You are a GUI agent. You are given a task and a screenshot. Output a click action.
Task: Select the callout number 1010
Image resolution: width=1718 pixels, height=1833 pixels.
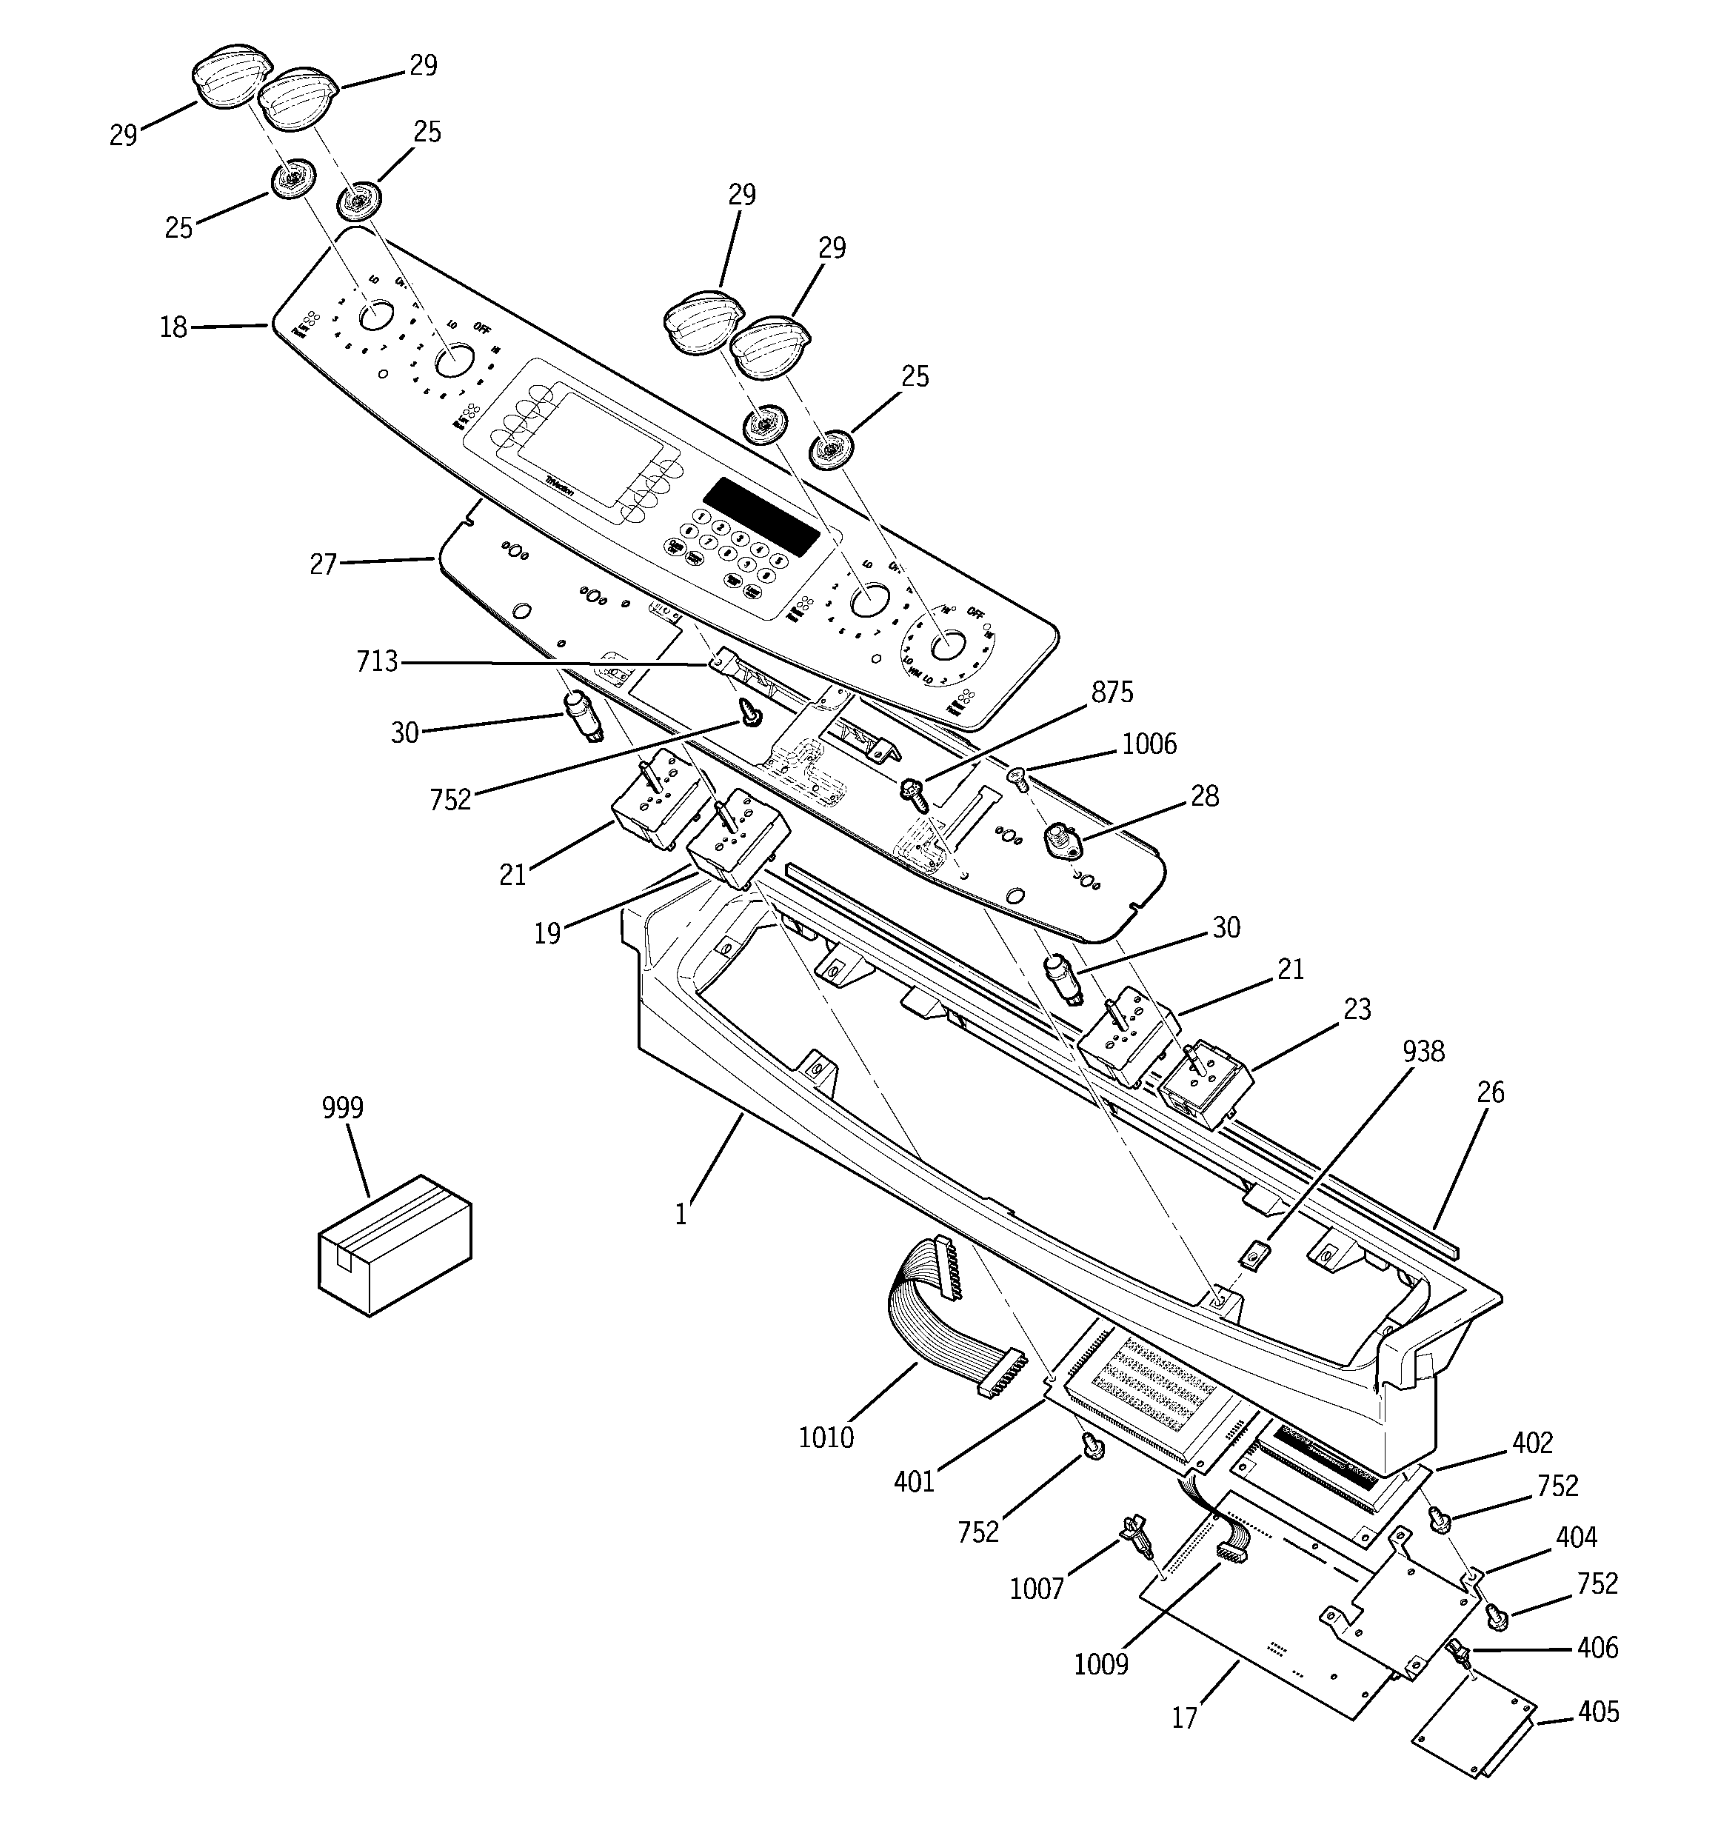coord(826,1437)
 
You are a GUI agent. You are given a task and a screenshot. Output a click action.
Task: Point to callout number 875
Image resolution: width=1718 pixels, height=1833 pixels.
coord(1112,692)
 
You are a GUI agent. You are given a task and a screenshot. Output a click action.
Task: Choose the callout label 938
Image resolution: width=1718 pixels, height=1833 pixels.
coord(1424,1050)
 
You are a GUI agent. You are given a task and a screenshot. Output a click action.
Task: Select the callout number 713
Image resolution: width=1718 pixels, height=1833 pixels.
coord(377,661)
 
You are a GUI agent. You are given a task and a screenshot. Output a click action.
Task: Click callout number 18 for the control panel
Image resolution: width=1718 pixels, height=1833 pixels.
coord(173,327)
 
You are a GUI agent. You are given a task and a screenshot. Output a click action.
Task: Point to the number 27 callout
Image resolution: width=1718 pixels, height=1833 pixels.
coord(323,564)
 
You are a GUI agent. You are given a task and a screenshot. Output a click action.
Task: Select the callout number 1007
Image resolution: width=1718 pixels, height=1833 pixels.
coord(1037,1588)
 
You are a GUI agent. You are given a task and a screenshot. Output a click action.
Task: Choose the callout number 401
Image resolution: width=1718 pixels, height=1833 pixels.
coord(914,1482)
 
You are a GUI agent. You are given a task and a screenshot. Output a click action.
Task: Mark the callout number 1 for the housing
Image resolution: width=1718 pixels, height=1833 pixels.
coord(681,1215)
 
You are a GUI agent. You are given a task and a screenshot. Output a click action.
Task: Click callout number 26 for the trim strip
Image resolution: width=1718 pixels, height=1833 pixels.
coord(1490,1092)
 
